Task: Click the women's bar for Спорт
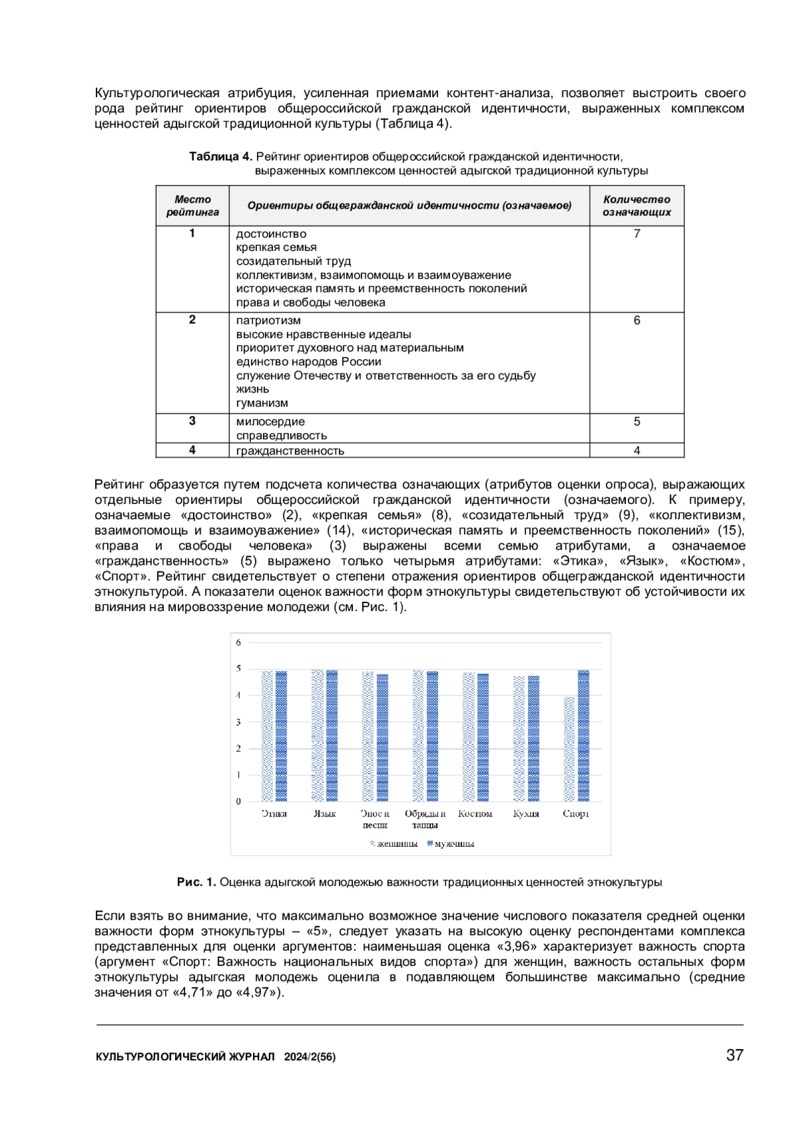(569, 749)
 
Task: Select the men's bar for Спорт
(584, 736)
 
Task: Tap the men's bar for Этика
(282, 736)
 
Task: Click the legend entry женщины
(394, 844)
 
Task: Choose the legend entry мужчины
(451, 844)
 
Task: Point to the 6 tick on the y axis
(239, 642)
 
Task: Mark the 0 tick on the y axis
(239, 801)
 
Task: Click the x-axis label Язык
(324, 814)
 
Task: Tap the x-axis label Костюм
(475, 814)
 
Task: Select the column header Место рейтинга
(192, 205)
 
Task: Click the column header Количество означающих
(636, 205)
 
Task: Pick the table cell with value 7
(636, 234)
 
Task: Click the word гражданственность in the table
(290, 451)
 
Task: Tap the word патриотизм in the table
(268, 320)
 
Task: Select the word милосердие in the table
(270, 421)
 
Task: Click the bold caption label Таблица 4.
(221, 157)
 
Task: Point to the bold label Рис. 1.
(196, 882)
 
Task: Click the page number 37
(735, 1055)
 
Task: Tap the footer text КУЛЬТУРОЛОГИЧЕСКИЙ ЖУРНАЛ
(185, 1057)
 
